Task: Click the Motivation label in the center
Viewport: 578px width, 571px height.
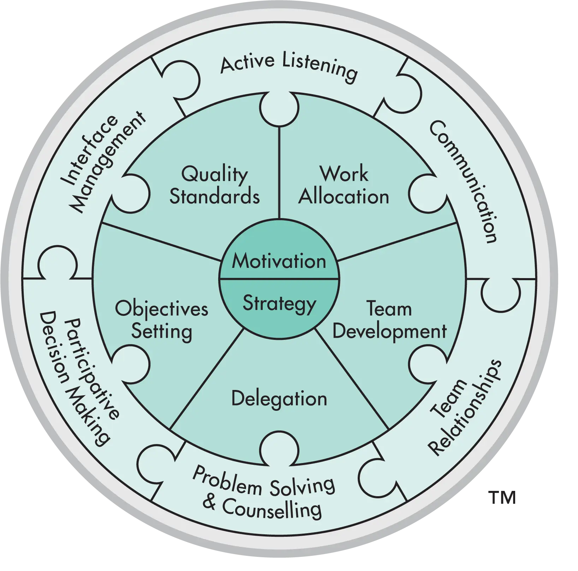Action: [279, 262]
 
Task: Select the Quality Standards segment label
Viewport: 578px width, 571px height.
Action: [214, 185]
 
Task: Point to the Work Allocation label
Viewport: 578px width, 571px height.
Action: [344, 185]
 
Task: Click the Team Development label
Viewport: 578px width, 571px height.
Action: [389, 320]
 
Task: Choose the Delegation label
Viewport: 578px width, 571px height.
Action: [279, 399]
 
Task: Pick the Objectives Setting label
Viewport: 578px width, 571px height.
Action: [162, 320]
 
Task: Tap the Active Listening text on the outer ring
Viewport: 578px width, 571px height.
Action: [289, 67]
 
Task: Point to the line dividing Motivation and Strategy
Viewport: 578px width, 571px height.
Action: [279, 279]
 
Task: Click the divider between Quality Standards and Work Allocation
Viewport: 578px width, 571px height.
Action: [279, 173]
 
